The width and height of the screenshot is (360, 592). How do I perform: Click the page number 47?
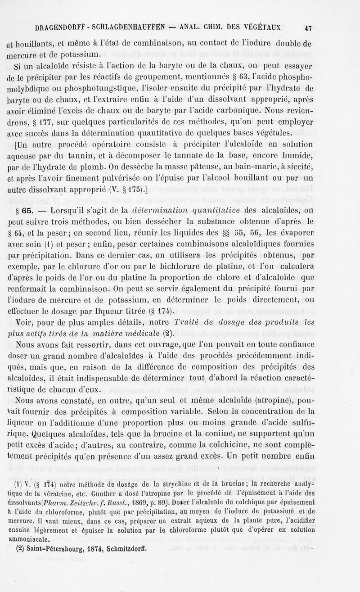pyautogui.click(x=308, y=28)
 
